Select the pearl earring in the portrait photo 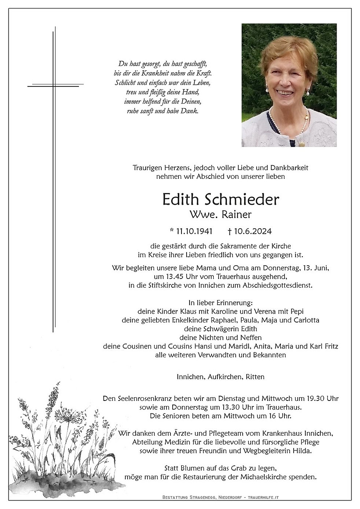click(x=308, y=94)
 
